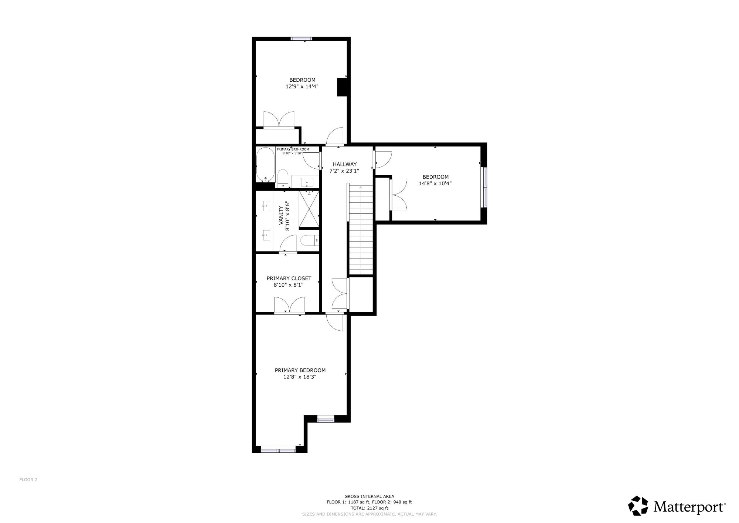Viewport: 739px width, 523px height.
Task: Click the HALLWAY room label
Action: [x=344, y=164]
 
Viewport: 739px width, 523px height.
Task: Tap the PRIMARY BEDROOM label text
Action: [x=300, y=370]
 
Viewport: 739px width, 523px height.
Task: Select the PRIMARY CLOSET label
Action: [x=289, y=278]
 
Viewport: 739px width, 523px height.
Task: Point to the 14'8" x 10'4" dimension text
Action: [x=435, y=183]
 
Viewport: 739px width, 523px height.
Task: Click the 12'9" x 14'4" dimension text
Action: [x=302, y=87]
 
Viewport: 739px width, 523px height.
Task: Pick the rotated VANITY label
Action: [x=281, y=216]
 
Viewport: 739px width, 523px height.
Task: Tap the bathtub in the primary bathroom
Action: [x=265, y=165]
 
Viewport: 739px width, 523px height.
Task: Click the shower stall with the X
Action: [x=309, y=209]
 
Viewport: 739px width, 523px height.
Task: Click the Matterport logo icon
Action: [x=638, y=506]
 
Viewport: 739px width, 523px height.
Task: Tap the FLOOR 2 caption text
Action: [x=28, y=480]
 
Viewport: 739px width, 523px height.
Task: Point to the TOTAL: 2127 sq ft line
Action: [x=369, y=508]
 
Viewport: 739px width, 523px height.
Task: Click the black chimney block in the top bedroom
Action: [x=342, y=87]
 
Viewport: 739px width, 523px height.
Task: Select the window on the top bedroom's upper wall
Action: [x=301, y=38]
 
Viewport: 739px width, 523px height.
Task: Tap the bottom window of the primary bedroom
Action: [x=278, y=450]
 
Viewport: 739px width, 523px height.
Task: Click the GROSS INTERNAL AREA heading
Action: [x=369, y=496]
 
